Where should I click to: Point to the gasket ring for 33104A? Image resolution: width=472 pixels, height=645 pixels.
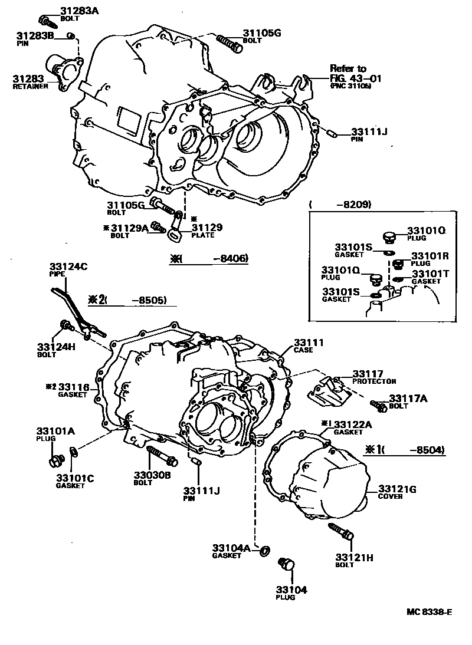click(265, 551)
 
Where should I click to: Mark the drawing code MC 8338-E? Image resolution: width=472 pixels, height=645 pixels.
click(429, 611)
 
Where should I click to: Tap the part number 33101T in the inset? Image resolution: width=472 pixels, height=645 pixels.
click(431, 274)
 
